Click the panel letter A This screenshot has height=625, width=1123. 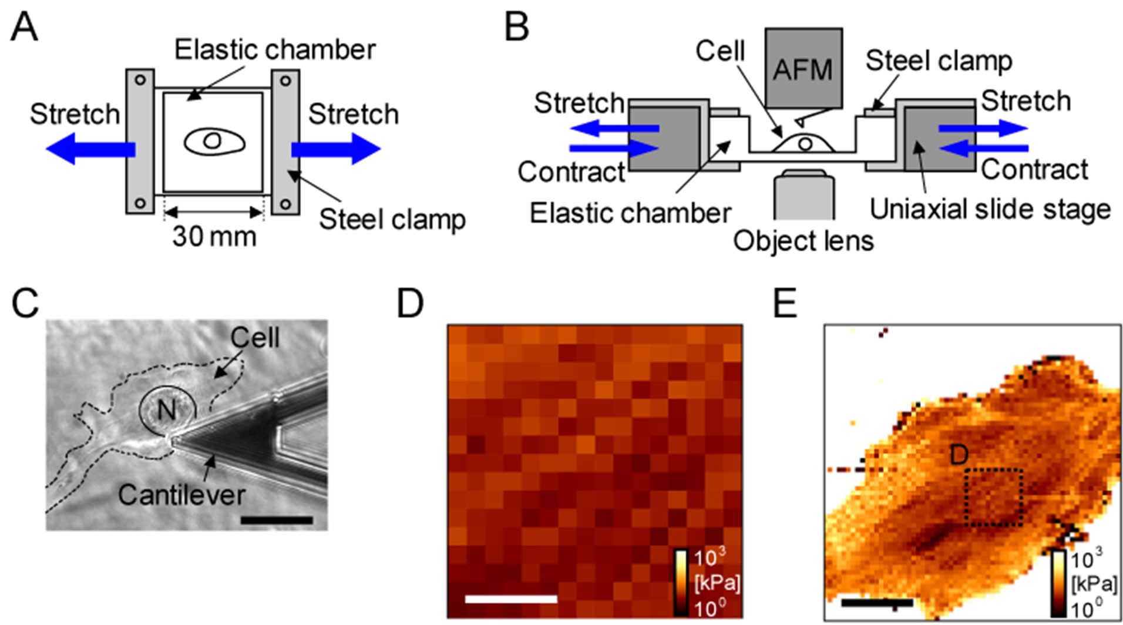(x=25, y=27)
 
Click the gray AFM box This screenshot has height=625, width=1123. (x=803, y=68)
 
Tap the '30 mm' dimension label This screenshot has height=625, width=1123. (x=214, y=236)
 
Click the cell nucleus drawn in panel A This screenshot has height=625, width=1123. (x=212, y=140)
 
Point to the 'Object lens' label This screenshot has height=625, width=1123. (x=803, y=241)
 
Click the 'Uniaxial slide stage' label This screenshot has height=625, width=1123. (x=990, y=209)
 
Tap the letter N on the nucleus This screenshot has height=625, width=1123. (x=167, y=410)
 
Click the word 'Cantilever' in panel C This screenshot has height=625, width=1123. (x=181, y=495)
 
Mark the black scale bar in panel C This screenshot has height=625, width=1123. (x=277, y=520)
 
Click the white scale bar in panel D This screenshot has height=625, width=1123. (x=510, y=599)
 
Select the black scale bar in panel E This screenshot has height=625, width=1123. (x=877, y=602)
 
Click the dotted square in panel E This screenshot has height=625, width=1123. (x=994, y=497)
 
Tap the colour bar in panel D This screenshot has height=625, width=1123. (x=681, y=582)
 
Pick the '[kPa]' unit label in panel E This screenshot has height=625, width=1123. (x=1094, y=584)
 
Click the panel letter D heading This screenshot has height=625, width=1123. (x=410, y=304)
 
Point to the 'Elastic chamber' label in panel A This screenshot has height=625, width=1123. (x=275, y=50)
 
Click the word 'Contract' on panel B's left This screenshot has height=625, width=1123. (x=571, y=172)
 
